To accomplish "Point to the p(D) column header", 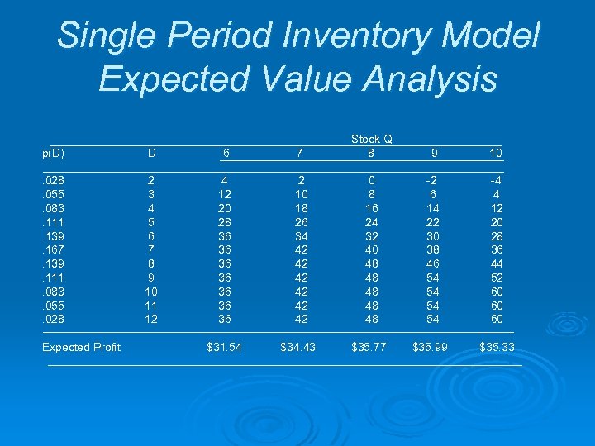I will pos(54,153).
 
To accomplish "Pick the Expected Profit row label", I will pos(81,347).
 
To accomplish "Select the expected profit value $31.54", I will pos(224,347).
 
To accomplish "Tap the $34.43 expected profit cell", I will pos(297,347).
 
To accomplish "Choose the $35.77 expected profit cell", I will pos(369,347).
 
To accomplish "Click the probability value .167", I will pos(54,249).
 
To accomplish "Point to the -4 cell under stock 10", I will pos(496,179).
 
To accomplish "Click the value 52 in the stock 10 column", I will pos(496,277).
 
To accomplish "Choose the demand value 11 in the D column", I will pos(150,305).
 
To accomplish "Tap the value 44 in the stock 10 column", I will pos(496,263).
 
